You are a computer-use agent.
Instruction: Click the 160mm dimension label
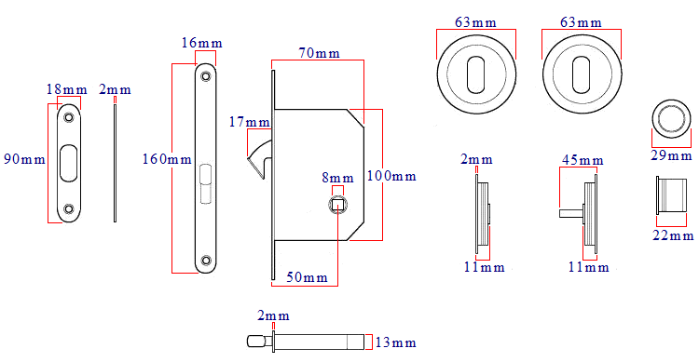click(166, 159)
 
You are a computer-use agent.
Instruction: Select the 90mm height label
click(23, 159)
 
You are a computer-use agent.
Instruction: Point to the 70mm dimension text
click(318, 53)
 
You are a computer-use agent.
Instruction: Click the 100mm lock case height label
click(391, 176)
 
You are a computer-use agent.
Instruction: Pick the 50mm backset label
click(307, 277)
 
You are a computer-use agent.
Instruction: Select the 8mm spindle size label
click(338, 178)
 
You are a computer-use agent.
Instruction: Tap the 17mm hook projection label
click(250, 122)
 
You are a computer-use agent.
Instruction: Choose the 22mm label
click(672, 235)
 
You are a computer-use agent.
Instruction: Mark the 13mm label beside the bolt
click(395, 343)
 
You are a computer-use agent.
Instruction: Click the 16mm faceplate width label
click(202, 42)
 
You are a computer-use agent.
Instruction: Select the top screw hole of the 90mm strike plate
click(68, 118)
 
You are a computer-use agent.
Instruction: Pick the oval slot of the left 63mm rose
click(474, 72)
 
